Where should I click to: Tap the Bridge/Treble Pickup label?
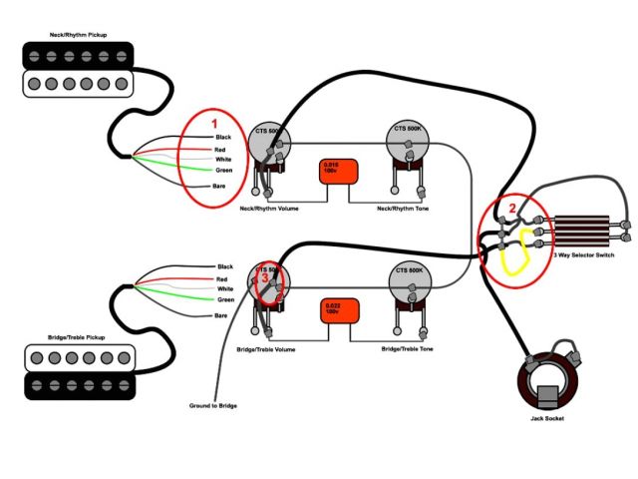pyautogui.click(x=76, y=338)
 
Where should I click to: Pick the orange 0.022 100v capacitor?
pyautogui.click(x=332, y=311)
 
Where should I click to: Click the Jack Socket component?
pyautogui.click(x=545, y=376)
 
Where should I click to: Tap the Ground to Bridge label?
pyautogui.click(x=213, y=406)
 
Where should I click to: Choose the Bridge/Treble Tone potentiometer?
pyautogui.click(x=411, y=287)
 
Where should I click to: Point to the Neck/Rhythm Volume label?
pyautogui.click(x=269, y=209)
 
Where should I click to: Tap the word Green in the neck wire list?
pyautogui.click(x=225, y=172)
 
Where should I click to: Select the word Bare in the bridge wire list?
pyautogui.click(x=222, y=315)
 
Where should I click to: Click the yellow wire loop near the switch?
pyautogui.click(x=515, y=254)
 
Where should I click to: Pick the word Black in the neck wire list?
pyautogui.click(x=223, y=136)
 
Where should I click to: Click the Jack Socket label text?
pyautogui.click(x=546, y=418)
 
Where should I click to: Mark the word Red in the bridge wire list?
pyautogui.click(x=222, y=278)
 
